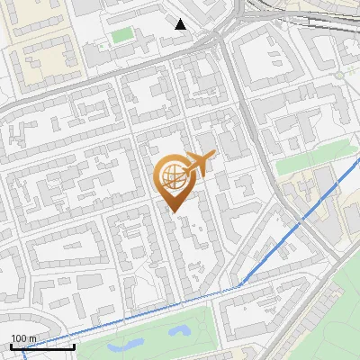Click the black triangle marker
[181, 23]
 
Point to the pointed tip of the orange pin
[175, 211]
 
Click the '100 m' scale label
[23, 337]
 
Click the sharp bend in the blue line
[240, 285]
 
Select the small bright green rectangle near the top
[122, 35]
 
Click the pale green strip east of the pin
[306, 157]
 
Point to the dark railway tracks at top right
[315, 22]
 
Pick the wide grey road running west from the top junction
[108, 75]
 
